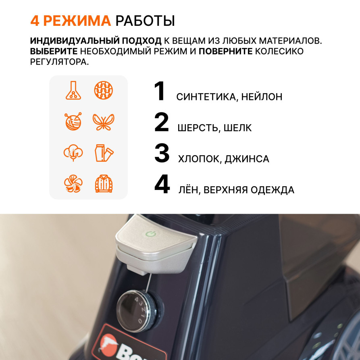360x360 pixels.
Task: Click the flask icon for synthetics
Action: tap(73, 90)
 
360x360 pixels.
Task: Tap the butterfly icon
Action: tap(103, 122)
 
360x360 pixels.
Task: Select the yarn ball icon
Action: tap(73, 121)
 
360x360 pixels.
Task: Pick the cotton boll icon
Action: tap(73, 153)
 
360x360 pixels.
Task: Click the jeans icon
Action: tap(104, 153)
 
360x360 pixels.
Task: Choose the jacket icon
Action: tap(104, 184)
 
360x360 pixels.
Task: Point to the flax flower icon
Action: tap(73, 184)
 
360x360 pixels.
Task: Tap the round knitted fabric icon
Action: tap(104, 90)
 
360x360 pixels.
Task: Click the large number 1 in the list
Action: tap(160, 91)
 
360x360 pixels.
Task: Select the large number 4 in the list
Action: tap(162, 184)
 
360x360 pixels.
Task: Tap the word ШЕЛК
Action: tap(237, 128)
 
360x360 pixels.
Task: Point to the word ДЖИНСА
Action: tap(247, 159)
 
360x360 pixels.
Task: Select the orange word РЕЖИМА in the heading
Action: tap(77, 21)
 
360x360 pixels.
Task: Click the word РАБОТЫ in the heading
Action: tap(145, 21)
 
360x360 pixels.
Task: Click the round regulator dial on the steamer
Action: tap(140, 311)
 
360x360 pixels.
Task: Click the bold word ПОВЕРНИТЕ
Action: tap(225, 51)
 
